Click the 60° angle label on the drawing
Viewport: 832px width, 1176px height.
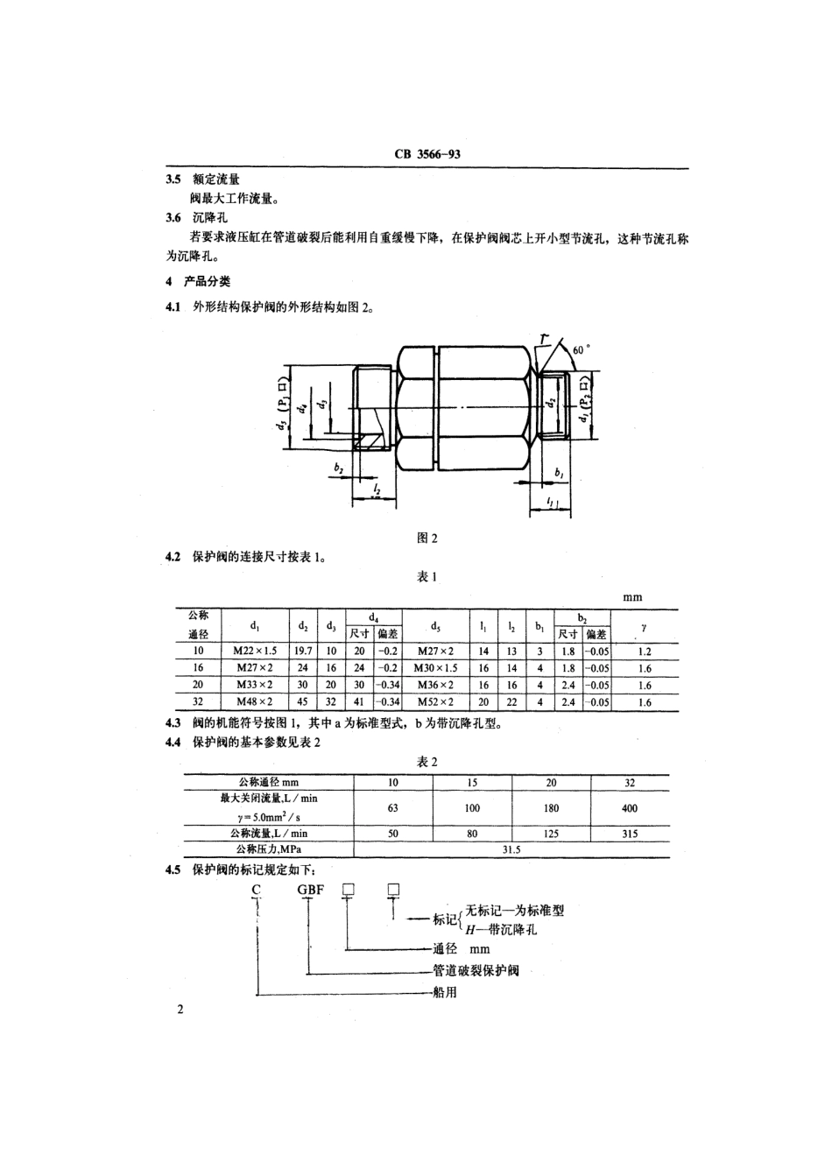point(581,349)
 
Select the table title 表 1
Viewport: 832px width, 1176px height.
point(427,576)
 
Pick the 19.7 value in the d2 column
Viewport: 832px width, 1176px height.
point(303,651)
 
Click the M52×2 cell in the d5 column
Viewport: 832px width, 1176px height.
point(435,702)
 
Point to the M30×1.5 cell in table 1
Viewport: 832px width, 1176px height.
point(435,668)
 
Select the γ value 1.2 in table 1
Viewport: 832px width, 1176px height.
point(645,651)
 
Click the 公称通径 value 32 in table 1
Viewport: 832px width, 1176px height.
point(199,702)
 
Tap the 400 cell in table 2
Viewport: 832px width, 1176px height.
point(630,808)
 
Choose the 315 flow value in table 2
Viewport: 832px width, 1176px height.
point(630,834)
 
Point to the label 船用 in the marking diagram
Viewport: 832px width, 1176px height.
point(446,993)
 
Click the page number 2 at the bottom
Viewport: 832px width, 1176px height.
point(180,1011)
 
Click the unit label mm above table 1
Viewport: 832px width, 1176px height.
point(631,597)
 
